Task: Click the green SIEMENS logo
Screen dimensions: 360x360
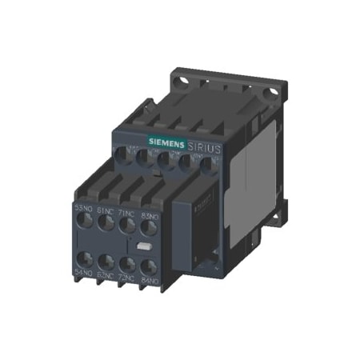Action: (163, 144)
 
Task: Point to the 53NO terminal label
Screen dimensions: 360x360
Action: (83, 207)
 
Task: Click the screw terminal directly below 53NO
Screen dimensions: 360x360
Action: (84, 221)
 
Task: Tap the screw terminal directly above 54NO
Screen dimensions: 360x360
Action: (84, 258)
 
